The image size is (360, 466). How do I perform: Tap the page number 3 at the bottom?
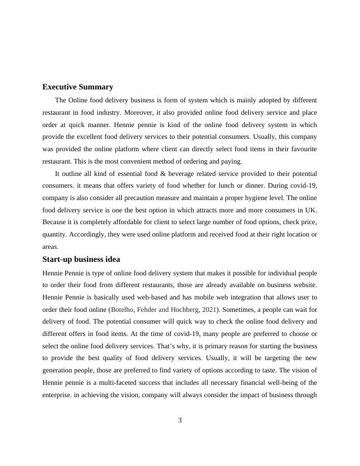[180, 420]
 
